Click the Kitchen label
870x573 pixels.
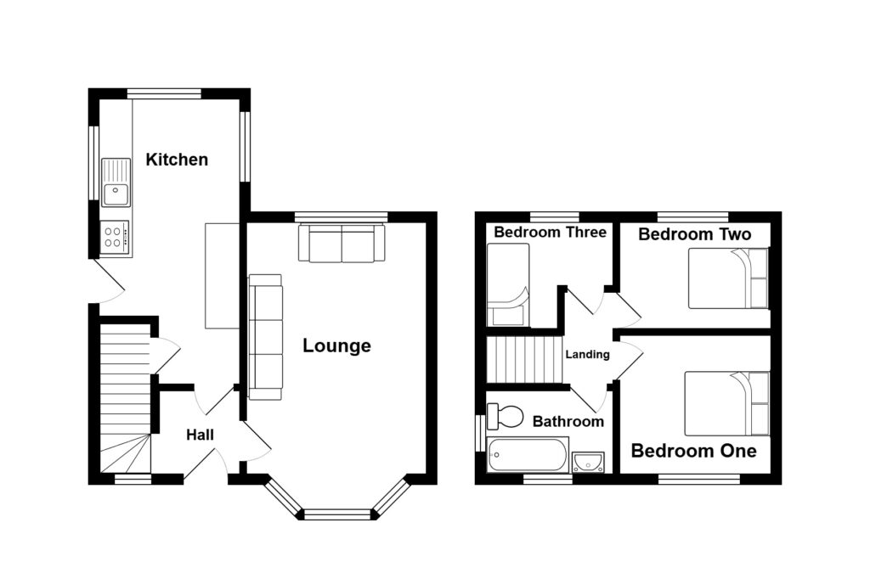[x=177, y=160]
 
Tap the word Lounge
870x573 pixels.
[x=337, y=345]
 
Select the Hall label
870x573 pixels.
[x=201, y=435]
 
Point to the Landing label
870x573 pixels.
[x=588, y=355]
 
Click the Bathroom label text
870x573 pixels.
[x=568, y=421]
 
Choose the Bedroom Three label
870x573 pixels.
[x=551, y=232]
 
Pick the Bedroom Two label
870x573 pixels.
[x=695, y=234]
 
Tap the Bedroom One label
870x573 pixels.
[x=693, y=451]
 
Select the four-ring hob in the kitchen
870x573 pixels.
[x=116, y=235]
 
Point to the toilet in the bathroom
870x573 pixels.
[x=508, y=416]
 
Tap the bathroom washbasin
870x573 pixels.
[x=588, y=462]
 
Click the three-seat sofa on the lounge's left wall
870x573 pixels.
[x=265, y=336]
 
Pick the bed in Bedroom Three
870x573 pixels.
[x=508, y=285]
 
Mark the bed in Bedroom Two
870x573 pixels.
[x=728, y=278]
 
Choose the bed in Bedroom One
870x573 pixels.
[x=726, y=403]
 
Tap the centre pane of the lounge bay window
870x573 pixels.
[x=337, y=514]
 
